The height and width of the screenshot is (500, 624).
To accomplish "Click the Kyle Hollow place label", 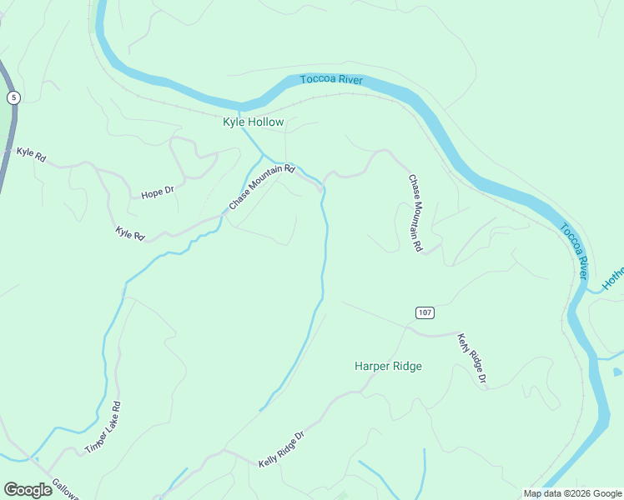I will pyautogui.click(x=253, y=122).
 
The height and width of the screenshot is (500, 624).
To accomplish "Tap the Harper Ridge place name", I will pyautogui.click(x=388, y=366).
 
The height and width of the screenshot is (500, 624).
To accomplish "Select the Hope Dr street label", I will pyautogui.click(x=157, y=193).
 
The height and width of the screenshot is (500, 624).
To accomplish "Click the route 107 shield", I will pyautogui.click(x=424, y=312).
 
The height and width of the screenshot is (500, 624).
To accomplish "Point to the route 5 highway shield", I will pyautogui.click(x=13, y=97).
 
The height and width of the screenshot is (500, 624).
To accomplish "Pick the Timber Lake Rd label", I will pyautogui.click(x=103, y=428).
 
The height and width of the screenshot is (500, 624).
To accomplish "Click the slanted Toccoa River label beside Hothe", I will pyautogui.click(x=574, y=250).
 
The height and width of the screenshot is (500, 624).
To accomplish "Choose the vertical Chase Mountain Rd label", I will pyautogui.click(x=415, y=212).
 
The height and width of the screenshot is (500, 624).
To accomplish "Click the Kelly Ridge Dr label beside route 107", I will pyautogui.click(x=471, y=359).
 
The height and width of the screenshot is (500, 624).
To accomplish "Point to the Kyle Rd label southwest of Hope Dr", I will pyautogui.click(x=129, y=233).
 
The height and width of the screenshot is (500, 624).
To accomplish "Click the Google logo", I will pyautogui.click(x=28, y=490).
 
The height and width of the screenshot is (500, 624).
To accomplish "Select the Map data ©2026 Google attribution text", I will pyautogui.click(x=572, y=493).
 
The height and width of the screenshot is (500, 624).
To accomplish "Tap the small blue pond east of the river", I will pyautogui.click(x=617, y=372).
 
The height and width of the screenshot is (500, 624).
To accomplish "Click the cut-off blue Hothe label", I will pyautogui.click(x=613, y=278).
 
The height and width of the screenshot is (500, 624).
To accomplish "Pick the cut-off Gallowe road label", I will pyautogui.click(x=65, y=489).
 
